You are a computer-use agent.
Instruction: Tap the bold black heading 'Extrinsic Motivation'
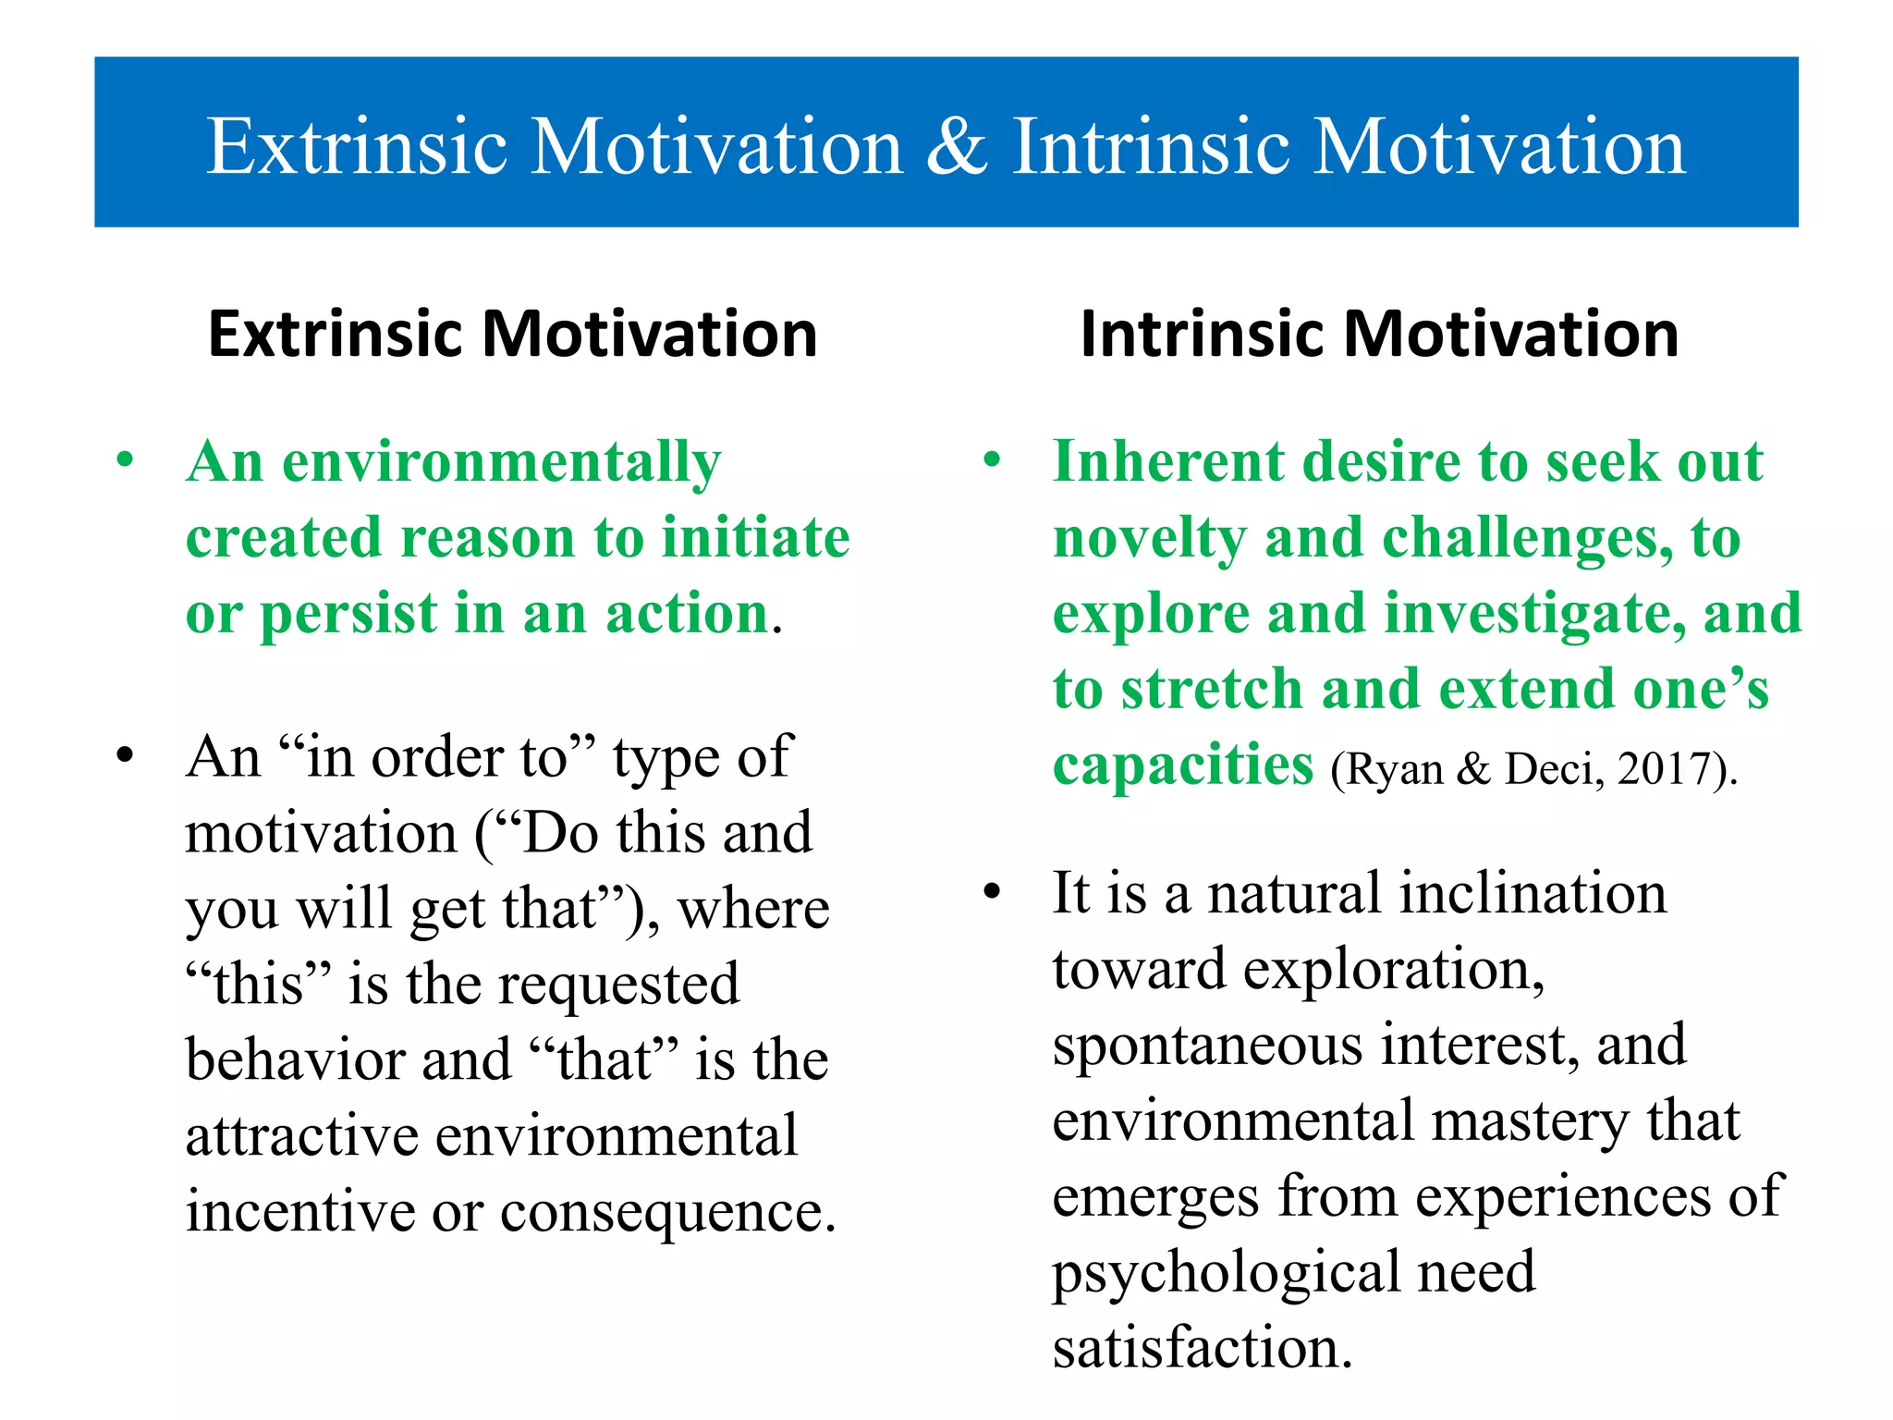(513, 334)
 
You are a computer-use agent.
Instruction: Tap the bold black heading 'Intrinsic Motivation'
(1379, 334)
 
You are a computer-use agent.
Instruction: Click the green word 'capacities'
(1183, 766)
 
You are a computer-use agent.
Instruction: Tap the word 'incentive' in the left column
(300, 1212)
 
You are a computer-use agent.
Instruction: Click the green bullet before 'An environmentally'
(125, 459)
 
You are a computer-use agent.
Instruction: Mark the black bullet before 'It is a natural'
(993, 892)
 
